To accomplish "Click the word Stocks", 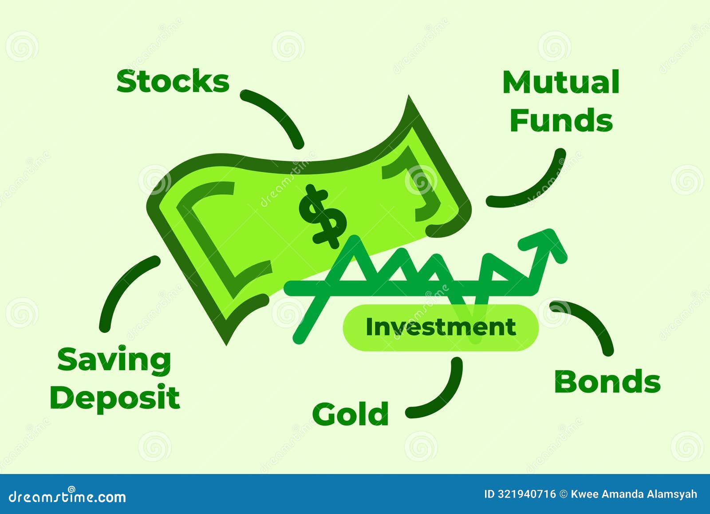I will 173,82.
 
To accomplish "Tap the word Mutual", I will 561,83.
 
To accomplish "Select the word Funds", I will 561,120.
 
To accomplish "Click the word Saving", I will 114,360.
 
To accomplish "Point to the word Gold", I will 351,414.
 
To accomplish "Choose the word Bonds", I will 607,382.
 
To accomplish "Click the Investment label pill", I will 441,327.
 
